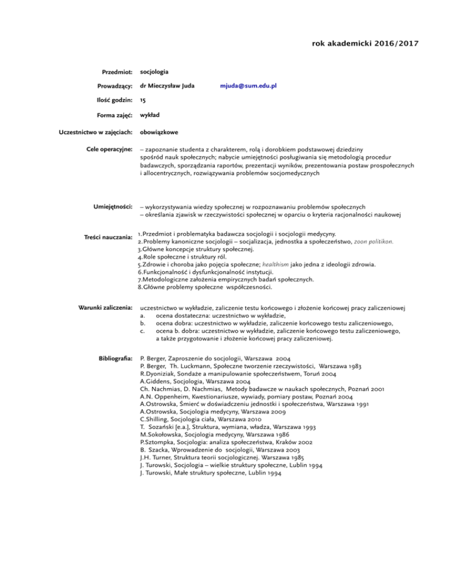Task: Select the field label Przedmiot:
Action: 116,72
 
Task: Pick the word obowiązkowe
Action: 160,132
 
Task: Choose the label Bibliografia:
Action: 115,357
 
